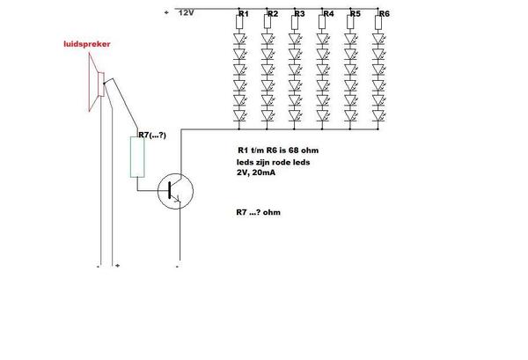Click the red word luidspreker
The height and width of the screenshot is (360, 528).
pos(86,45)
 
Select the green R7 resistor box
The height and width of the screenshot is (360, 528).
pos(137,157)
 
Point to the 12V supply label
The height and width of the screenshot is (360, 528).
pos(186,13)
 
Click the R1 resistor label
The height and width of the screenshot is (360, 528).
pos(244,15)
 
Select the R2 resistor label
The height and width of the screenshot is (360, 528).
pos(272,15)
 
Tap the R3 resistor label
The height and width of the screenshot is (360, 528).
pos(299,15)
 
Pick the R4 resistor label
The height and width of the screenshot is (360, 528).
pos(328,15)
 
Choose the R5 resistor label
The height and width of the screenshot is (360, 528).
pos(355,15)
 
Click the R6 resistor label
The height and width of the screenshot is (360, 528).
pos(385,15)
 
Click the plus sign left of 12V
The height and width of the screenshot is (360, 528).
pos(167,12)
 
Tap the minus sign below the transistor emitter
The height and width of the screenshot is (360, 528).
pos(178,265)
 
